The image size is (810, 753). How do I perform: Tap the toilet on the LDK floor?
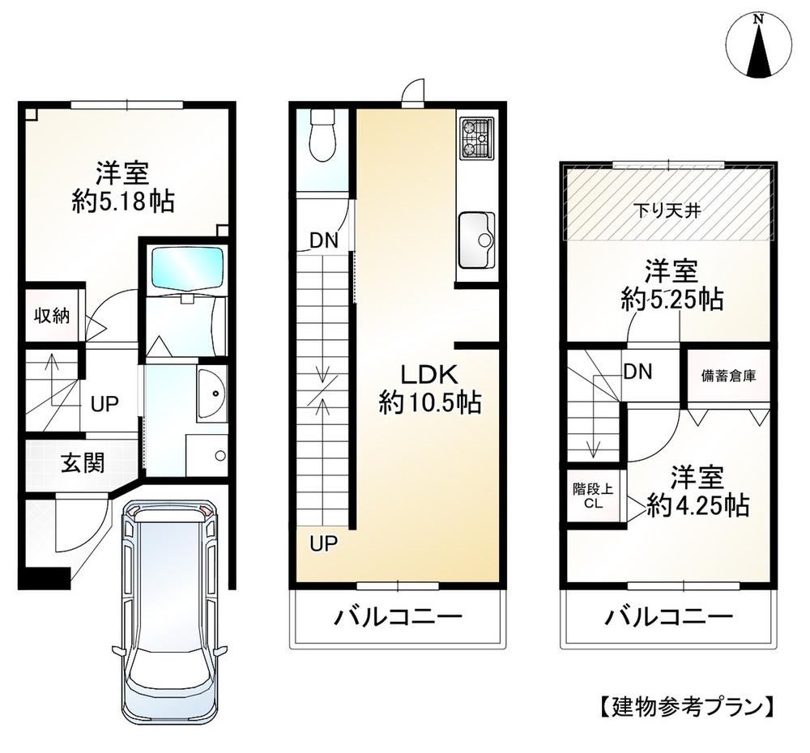(x=324, y=136)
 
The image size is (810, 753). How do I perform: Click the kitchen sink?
(x=476, y=240)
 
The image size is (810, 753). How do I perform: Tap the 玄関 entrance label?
(x=83, y=462)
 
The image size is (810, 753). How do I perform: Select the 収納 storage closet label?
(x=52, y=315)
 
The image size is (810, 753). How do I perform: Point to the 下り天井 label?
(x=667, y=211)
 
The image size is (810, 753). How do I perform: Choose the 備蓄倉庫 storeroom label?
(x=728, y=376)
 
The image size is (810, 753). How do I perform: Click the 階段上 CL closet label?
(x=593, y=496)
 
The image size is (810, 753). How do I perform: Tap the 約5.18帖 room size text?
(x=123, y=201)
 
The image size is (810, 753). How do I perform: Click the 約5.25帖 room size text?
(x=671, y=298)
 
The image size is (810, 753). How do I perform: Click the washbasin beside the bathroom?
(x=211, y=394)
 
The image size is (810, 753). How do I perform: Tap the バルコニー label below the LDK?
(x=397, y=617)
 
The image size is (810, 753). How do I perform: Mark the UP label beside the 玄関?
(x=104, y=403)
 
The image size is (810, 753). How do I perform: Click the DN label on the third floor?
(x=638, y=372)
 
